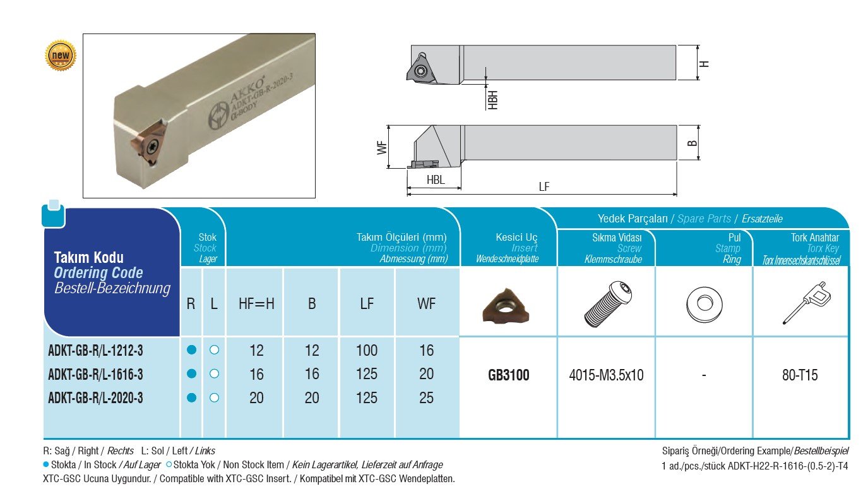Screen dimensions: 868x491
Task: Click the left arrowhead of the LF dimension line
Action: (x=408, y=193)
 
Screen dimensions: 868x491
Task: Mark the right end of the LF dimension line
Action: (x=677, y=193)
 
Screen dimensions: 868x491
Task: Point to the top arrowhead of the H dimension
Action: (x=698, y=47)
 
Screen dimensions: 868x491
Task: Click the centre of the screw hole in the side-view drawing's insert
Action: (x=420, y=71)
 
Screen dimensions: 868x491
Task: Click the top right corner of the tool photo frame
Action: (x=315, y=34)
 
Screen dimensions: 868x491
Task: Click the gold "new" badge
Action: (x=61, y=56)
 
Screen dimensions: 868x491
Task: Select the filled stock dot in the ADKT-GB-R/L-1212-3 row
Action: (x=191, y=350)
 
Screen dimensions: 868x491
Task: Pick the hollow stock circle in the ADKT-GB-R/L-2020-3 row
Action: (x=214, y=398)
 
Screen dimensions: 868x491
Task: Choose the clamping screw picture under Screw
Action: (x=607, y=304)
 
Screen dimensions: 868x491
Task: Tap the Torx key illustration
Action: (x=807, y=303)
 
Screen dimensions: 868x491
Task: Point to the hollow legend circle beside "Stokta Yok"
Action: (x=169, y=464)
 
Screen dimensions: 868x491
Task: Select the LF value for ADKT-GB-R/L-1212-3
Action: (x=367, y=350)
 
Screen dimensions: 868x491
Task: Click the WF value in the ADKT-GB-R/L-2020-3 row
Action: (x=426, y=398)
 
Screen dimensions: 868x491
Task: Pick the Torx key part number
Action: (x=800, y=375)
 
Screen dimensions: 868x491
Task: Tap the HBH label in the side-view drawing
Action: (x=492, y=100)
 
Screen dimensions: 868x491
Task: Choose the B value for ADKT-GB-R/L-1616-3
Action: (x=312, y=374)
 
